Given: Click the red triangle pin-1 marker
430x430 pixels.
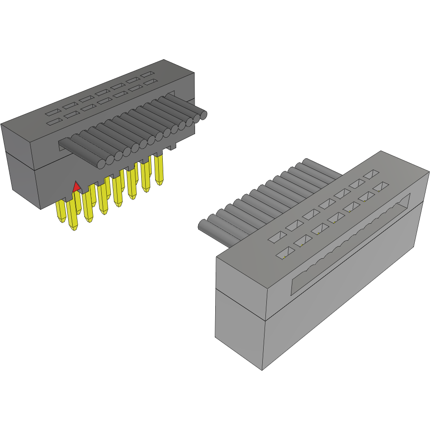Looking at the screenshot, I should click(77, 187).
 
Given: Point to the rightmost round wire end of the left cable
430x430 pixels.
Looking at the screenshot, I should click(203, 115).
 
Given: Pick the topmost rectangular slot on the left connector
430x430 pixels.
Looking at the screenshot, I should click(147, 74).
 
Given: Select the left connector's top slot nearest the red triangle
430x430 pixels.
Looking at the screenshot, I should click(53, 122).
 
